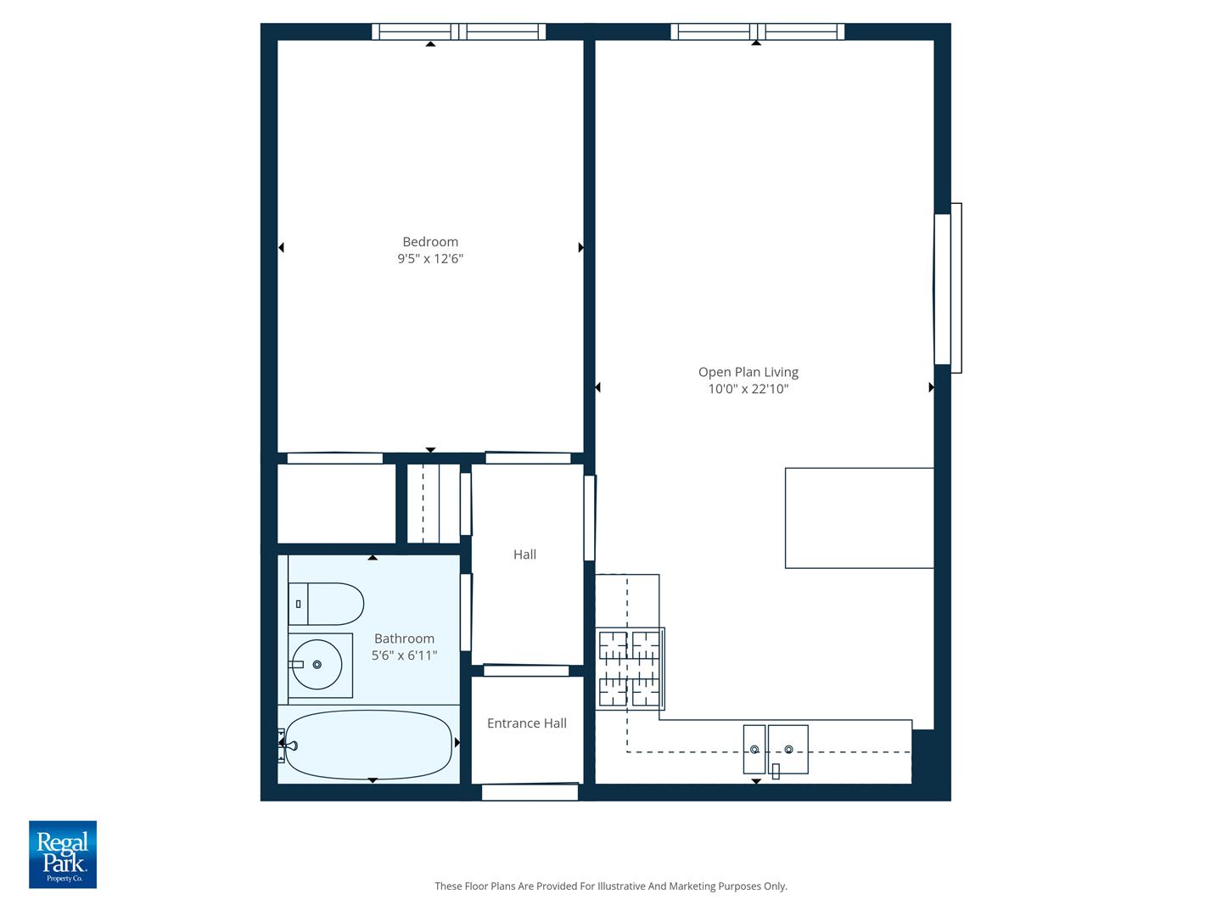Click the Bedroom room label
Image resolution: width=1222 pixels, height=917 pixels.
(430, 242)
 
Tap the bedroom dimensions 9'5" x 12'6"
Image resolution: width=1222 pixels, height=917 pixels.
(430, 259)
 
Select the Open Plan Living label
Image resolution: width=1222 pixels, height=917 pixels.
(748, 372)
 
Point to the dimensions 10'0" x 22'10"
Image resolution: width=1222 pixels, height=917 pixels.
(748, 390)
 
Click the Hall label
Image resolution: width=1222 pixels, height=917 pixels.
(524, 554)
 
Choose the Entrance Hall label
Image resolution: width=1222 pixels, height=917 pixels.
(526, 723)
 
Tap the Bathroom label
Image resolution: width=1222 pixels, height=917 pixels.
(404, 639)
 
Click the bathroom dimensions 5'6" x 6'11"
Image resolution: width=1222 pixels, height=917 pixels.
(404, 655)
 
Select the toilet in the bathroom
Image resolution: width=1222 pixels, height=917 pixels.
(326, 604)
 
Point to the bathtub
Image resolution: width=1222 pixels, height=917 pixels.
(368, 745)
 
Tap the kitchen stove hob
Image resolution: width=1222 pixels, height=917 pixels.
(630, 669)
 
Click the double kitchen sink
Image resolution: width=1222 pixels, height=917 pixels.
(776, 749)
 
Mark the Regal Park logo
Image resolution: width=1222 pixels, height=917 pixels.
(63, 854)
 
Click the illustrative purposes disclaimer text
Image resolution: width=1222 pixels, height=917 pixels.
(611, 886)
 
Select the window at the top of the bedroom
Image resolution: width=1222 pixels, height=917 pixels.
(458, 32)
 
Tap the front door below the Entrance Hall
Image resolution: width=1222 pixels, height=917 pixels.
(530, 792)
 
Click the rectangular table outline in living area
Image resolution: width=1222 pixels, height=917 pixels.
(859, 517)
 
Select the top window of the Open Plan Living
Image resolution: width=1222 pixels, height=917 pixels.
(757, 32)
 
